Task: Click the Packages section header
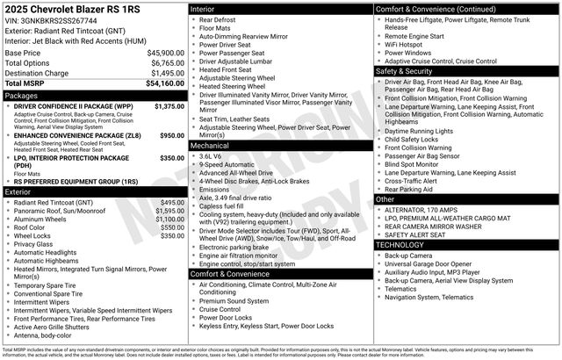22,95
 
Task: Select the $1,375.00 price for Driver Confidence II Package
169,106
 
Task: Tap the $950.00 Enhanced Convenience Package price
171,136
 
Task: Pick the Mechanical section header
210,146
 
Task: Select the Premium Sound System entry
234,301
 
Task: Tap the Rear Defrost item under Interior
218,19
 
